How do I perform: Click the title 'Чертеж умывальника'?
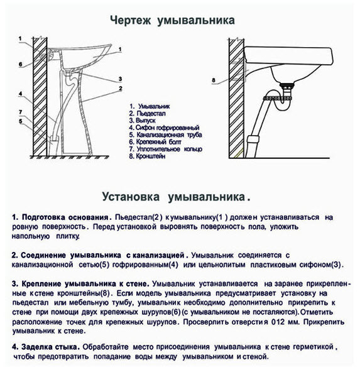pos(172,21)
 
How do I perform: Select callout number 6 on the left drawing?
pos(21,65)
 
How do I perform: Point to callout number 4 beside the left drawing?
pos(21,94)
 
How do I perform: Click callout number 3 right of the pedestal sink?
pos(120,79)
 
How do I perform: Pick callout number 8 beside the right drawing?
pos(214,80)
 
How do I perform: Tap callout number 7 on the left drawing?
pos(21,112)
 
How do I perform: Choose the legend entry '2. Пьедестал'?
pos(147,114)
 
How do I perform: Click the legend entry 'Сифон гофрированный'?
pos(167,128)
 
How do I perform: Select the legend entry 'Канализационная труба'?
pos(169,134)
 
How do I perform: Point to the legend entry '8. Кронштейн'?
pos(147,156)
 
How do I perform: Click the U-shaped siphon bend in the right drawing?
pos(283,108)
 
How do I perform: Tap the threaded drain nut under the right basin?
pos(287,86)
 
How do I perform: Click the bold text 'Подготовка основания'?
pos(65,217)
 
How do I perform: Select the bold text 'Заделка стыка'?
pos(50,347)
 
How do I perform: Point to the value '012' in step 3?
pos(278,322)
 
